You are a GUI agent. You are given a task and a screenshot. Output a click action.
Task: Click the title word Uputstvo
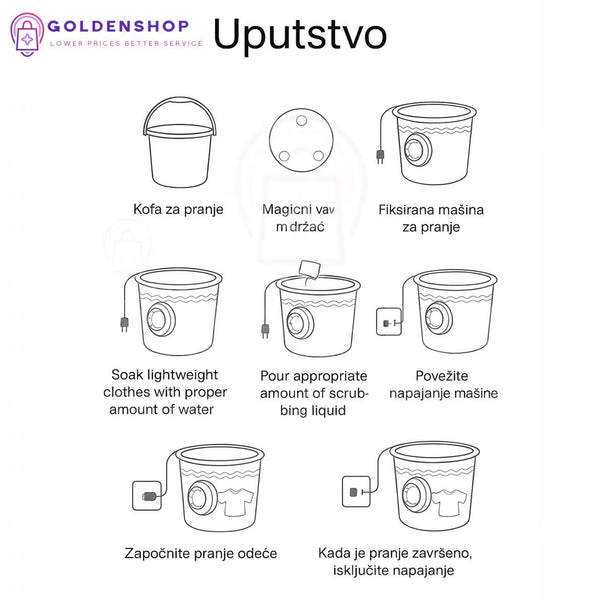point(300,34)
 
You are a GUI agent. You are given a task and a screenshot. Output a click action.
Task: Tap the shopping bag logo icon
point(27,34)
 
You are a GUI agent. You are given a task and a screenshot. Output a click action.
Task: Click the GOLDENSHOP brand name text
point(118,26)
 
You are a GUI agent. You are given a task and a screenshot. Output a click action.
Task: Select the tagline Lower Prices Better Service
point(126,44)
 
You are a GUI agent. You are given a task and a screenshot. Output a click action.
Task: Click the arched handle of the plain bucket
point(179,104)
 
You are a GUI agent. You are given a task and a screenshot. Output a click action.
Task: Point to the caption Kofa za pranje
point(178,209)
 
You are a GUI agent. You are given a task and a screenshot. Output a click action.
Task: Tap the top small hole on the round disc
point(302,121)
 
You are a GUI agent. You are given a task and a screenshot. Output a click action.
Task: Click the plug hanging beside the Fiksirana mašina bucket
point(380,156)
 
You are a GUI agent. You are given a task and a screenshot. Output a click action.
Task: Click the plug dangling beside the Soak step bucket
point(124,324)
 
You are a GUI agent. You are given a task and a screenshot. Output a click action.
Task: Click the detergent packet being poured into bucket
point(309,270)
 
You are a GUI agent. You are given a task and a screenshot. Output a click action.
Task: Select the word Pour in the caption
point(274,376)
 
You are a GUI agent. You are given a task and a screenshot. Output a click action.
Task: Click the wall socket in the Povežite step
point(389,321)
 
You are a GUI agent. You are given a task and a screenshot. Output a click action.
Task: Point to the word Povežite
point(442,376)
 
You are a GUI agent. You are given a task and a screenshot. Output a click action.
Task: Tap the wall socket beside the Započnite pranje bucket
point(147,496)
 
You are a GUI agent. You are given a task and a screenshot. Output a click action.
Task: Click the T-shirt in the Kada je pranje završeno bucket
point(449,502)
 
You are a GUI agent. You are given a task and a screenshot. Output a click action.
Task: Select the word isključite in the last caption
point(360,571)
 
